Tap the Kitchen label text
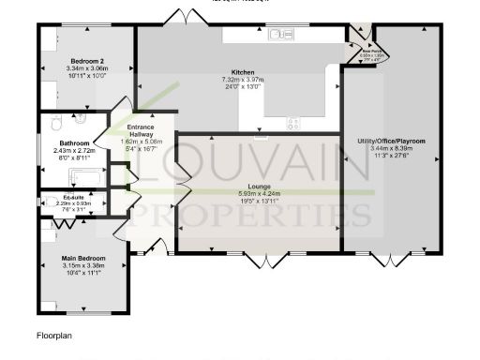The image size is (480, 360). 244,72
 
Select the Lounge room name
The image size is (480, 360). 259,187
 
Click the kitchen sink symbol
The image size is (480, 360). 280,35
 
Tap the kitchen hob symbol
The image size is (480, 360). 294,121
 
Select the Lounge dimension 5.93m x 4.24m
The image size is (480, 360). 259,194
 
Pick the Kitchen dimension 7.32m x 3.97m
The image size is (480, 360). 244,80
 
